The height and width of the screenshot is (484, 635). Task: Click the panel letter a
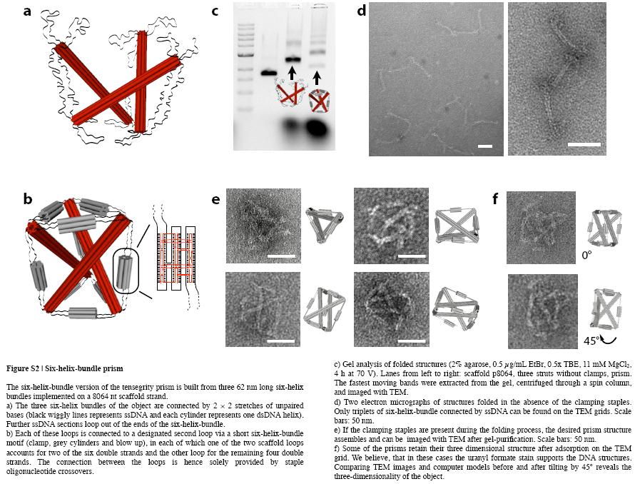click(27, 12)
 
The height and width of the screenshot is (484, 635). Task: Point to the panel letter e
click(215, 199)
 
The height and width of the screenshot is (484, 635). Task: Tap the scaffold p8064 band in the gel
click(269, 72)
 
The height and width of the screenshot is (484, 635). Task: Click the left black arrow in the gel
click(291, 73)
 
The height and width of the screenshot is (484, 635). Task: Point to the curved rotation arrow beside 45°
click(608, 331)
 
